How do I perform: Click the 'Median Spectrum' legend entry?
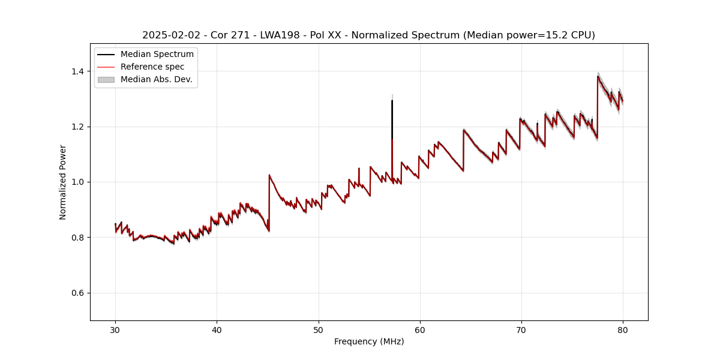click(x=157, y=55)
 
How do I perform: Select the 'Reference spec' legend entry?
click(x=152, y=67)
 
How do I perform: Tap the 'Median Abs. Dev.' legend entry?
click(x=157, y=79)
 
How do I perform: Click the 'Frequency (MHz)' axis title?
click(x=369, y=341)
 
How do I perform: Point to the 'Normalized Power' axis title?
click(x=63, y=182)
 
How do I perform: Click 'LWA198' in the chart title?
click(x=280, y=35)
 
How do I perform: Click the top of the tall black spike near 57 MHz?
click(x=392, y=100)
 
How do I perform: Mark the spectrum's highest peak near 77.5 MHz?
click(x=598, y=76)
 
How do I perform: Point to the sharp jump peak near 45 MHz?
click(x=269, y=175)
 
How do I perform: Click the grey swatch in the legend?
click(x=106, y=79)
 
